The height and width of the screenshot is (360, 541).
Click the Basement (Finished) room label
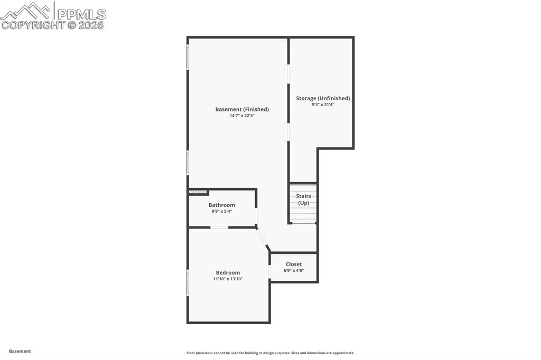point(242,109)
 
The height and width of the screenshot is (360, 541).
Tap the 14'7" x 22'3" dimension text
point(242,116)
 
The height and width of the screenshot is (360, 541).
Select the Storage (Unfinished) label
point(323,98)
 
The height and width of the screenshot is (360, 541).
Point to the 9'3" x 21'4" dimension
point(323,105)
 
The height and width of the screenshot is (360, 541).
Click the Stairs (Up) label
point(303,199)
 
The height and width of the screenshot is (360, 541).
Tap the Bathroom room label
point(221,205)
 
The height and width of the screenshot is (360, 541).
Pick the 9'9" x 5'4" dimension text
point(221,211)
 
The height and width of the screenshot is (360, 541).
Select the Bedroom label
point(228,272)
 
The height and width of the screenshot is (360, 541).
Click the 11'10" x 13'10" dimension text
point(228,279)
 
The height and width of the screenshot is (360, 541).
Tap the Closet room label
point(294,264)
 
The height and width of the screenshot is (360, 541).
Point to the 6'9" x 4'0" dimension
point(294,270)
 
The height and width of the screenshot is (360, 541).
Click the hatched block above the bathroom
point(198,192)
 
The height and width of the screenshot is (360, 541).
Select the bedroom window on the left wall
point(188,283)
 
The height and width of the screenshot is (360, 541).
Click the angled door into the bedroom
point(262,239)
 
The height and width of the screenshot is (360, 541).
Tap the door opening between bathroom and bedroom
point(219,228)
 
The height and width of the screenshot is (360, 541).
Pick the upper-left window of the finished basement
point(188,57)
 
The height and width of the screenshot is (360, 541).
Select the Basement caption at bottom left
point(20,351)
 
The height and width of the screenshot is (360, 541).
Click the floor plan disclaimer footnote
point(270,353)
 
